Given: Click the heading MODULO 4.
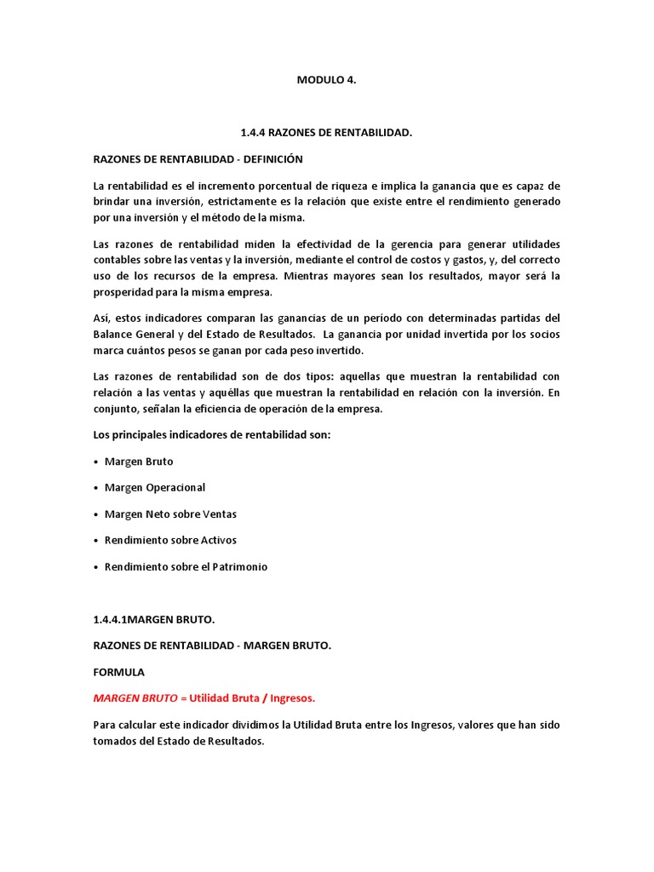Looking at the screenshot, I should (326, 81).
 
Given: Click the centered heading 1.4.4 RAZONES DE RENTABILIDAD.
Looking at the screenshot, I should (327, 133).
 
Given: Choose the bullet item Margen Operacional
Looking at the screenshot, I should (154, 488).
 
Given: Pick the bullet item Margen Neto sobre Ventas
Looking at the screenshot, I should (170, 514).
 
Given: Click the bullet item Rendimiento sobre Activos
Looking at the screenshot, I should (170, 540).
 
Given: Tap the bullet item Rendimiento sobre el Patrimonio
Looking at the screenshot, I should (186, 566).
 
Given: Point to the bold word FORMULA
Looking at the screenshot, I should (119, 672).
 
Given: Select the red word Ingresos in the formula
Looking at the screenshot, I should (292, 698).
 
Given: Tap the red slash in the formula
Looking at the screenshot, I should (265, 698).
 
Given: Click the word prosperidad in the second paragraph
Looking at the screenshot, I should (121, 293).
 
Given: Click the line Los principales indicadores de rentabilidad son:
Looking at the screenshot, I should (211, 435).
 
